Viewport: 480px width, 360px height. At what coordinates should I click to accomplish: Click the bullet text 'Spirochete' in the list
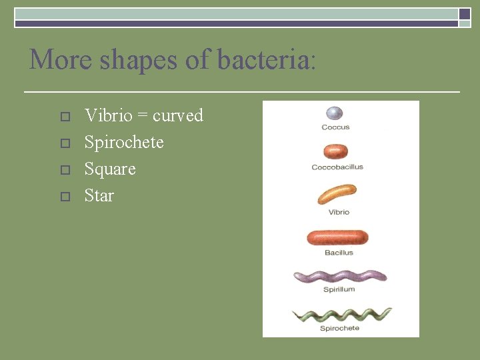click(124, 143)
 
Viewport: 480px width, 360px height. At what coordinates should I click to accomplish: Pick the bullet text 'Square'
click(110, 169)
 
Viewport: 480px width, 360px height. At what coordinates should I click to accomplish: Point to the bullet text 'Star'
click(99, 196)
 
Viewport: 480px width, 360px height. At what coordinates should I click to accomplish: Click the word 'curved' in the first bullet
click(178, 116)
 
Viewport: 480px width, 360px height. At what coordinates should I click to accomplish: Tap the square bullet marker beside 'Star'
click(64, 197)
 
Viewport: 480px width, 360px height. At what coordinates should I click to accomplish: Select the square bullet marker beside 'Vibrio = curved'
click(64, 117)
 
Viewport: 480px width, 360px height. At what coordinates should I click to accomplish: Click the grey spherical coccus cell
click(335, 114)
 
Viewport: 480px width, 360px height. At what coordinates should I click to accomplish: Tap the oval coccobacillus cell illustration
click(336, 151)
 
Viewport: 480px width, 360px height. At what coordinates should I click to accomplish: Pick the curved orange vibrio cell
click(338, 194)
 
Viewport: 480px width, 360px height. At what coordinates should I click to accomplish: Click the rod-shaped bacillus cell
click(337, 237)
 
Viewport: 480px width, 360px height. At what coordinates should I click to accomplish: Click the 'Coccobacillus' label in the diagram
click(337, 167)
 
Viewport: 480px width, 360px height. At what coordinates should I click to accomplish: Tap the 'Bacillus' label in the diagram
click(339, 253)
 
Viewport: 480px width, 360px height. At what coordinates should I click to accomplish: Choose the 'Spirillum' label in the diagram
click(339, 289)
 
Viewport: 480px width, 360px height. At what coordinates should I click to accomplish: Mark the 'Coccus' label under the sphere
click(335, 127)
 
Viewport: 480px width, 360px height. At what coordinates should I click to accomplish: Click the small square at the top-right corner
click(464, 14)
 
